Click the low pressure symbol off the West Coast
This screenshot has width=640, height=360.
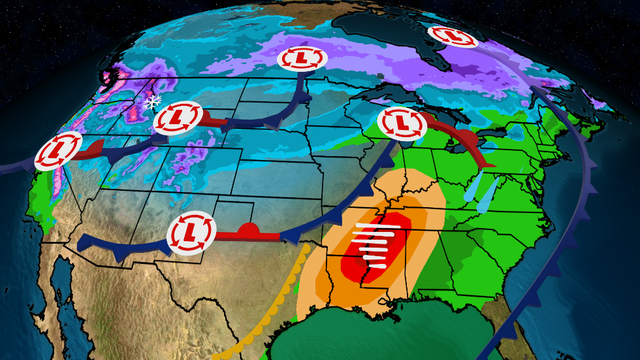tap(58, 151)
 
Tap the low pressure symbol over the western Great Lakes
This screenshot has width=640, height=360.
tap(402, 122)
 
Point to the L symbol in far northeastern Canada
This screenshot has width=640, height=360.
tap(453, 37)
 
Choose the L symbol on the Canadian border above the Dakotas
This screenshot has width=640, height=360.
tap(301, 58)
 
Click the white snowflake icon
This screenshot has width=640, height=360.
tap(153, 102)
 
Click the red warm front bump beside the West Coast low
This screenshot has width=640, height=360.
tap(96, 146)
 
